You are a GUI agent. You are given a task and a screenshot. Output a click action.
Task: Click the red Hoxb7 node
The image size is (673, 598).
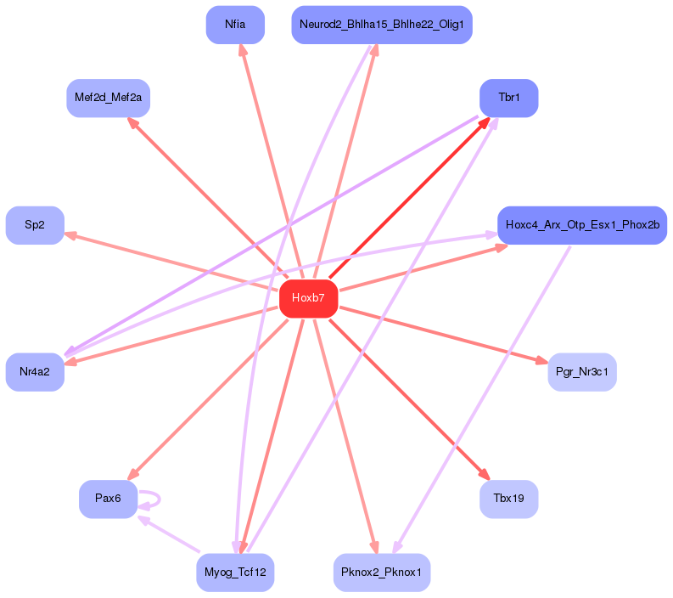click(x=308, y=298)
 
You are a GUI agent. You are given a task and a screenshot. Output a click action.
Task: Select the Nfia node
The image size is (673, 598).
click(x=235, y=25)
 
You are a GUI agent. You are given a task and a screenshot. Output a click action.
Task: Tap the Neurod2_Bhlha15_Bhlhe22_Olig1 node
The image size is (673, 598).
click(x=381, y=25)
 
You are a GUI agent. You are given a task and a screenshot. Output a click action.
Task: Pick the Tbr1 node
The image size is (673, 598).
click(x=508, y=99)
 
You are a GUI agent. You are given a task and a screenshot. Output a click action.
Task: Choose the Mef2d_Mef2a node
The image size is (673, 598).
click(x=108, y=99)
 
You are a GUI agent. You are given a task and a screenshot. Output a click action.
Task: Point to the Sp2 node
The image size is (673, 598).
click(x=35, y=225)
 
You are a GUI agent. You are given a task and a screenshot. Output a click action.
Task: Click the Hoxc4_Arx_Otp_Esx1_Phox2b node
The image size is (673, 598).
click(x=581, y=225)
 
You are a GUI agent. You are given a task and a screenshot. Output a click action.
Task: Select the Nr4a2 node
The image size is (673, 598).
click(x=35, y=371)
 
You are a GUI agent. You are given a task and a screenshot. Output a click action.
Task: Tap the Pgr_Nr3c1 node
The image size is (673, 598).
click(x=581, y=371)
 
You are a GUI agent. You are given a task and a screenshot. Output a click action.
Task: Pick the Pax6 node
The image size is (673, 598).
click(x=108, y=499)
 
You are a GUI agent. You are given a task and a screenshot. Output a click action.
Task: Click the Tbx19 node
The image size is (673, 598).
click(x=508, y=499)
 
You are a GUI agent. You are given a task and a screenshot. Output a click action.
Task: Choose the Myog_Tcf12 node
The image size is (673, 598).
click(x=235, y=573)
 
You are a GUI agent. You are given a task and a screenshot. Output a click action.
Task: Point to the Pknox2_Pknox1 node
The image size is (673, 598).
click(x=381, y=573)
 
